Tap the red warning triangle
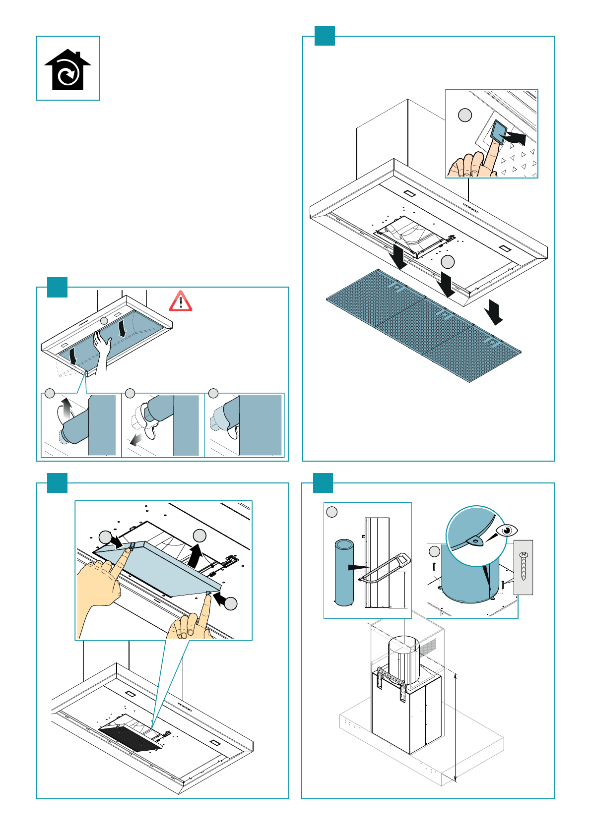181,301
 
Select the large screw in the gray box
524,566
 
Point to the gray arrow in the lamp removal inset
135,440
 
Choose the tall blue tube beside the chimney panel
344,572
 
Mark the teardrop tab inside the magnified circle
475,541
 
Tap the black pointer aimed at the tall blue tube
358,567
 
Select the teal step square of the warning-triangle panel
57,288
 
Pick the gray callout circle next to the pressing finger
464,115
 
